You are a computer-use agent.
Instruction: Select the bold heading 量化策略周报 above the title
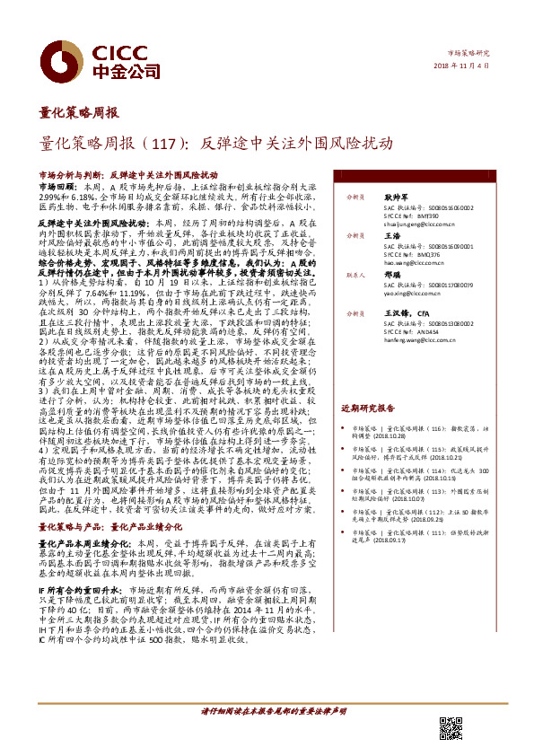[x=79, y=112]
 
